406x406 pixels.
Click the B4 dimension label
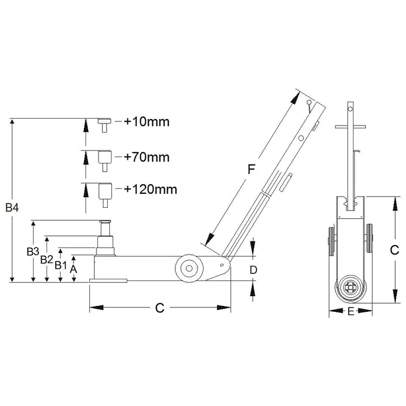coord(12,207)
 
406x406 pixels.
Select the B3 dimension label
coord(33,251)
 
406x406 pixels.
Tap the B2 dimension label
coord(47,259)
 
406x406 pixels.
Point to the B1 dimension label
coord(61,265)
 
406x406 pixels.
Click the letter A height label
coord(74,269)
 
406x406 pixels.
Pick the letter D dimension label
coord(253,270)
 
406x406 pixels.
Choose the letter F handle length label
coord(251,169)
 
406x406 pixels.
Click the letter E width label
coord(351,311)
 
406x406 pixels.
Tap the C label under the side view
coord(160,308)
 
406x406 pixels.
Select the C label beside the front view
coord(394,250)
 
